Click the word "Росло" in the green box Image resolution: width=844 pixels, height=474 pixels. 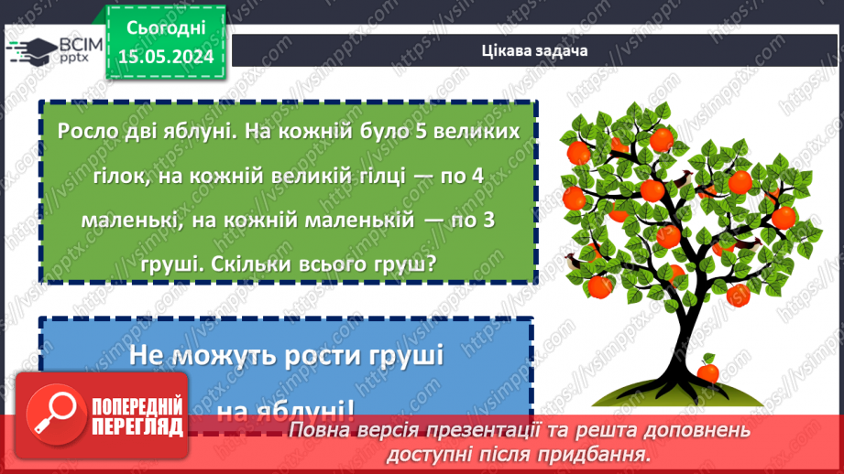point(86,131)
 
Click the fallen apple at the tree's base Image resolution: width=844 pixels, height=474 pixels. point(707,371)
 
